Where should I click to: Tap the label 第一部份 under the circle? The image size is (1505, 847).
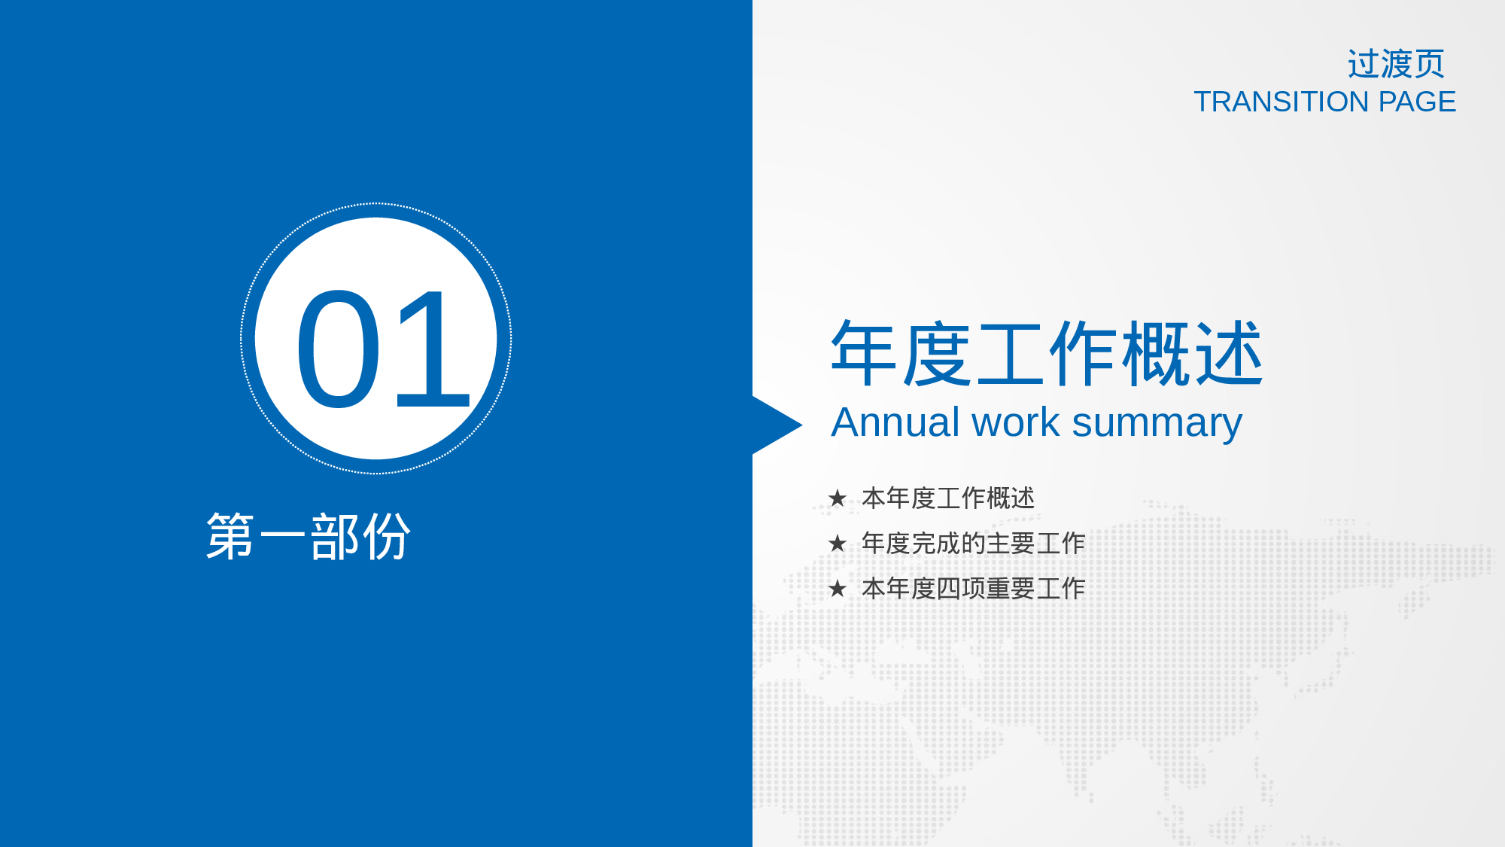309,537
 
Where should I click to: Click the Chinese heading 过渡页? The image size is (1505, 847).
1396,64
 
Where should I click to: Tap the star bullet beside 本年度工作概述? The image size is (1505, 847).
837,498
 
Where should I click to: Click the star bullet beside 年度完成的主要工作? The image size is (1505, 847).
837,544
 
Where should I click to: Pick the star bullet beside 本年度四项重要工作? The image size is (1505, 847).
837,589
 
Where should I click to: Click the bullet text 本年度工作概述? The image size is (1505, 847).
948,498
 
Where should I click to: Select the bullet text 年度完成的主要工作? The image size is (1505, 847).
973,544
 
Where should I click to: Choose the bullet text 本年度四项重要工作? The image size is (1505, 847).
973,589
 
